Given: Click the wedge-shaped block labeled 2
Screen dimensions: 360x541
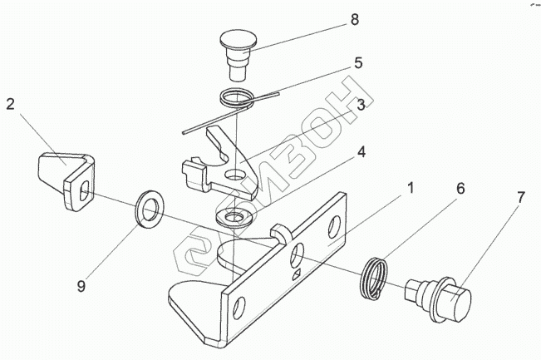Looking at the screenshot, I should coord(67,178).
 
